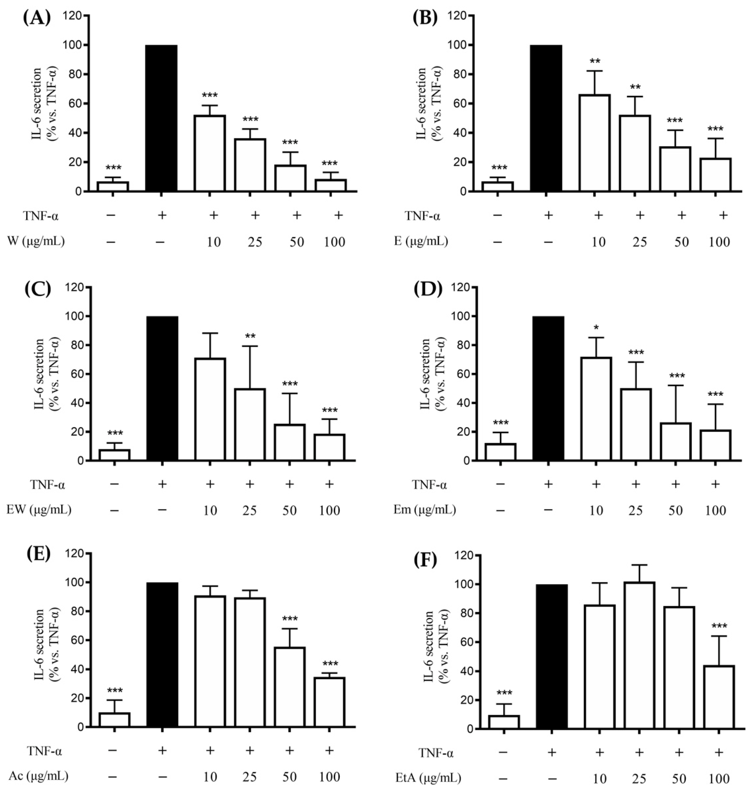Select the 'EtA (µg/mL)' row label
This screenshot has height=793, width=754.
tap(427, 778)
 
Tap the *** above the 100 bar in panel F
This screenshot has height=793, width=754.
tap(719, 626)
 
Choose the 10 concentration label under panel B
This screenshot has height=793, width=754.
tap(599, 242)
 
